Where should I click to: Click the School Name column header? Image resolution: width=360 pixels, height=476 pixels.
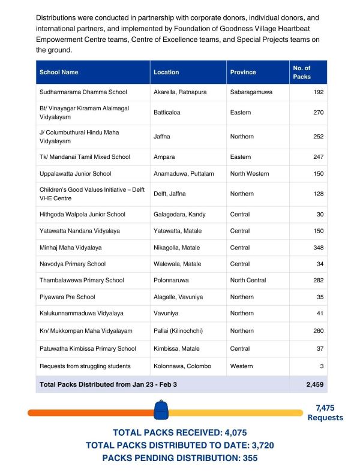(x=59, y=72)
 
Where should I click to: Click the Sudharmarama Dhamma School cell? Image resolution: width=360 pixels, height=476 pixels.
(x=83, y=92)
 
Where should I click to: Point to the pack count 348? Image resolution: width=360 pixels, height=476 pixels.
(x=318, y=248)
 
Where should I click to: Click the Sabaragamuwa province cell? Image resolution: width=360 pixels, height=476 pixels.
(x=251, y=92)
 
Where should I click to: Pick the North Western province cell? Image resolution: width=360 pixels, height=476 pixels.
(x=249, y=173)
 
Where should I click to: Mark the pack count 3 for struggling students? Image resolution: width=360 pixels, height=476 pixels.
(x=322, y=366)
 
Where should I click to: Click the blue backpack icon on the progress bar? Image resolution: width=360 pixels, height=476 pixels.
(x=161, y=410)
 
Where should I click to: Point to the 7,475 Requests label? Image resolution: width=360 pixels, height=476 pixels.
(x=325, y=412)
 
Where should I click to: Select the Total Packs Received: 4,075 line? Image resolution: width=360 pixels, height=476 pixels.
(x=179, y=432)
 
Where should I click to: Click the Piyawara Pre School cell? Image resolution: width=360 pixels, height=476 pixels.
(x=67, y=297)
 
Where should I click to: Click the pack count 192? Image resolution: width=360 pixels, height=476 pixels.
(x=318, y=92)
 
